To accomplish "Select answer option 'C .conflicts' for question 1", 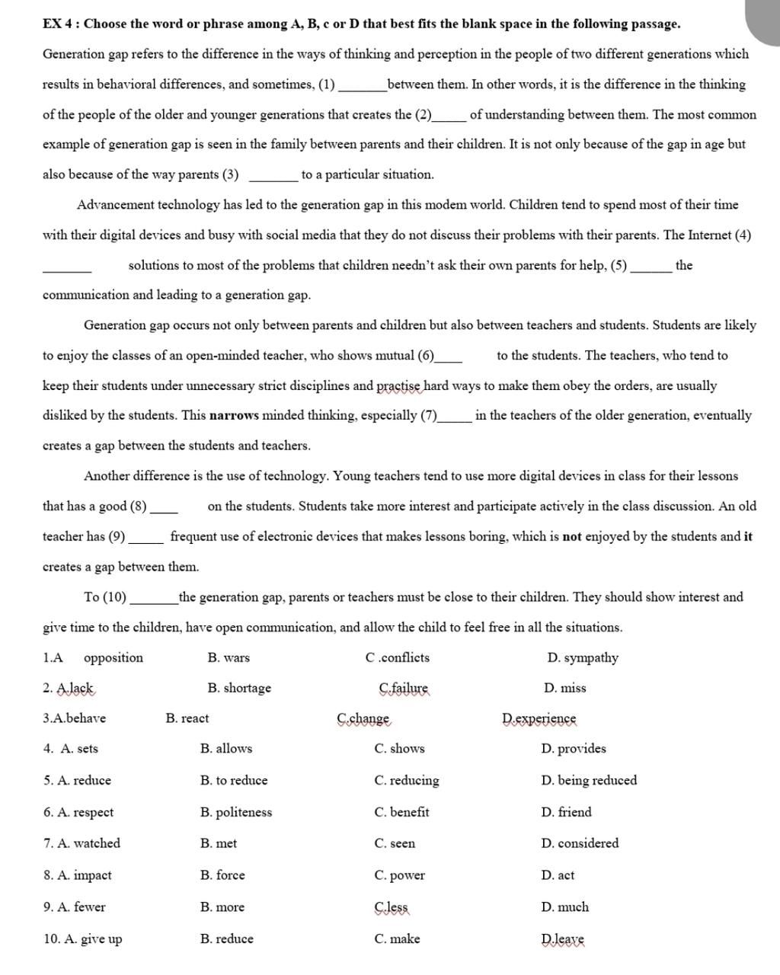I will click(397, 657).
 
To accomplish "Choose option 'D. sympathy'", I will click(582, 657).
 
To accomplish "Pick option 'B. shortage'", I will click(238, 688).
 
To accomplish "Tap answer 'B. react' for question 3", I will click(187, 718).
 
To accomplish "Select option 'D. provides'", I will click(573, 749).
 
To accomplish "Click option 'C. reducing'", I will click(406, 780).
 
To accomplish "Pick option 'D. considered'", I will click(579, 843).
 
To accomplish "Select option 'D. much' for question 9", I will click(564, 907).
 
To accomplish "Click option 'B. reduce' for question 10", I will click(226, 938).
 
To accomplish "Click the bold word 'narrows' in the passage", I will click(235, 416).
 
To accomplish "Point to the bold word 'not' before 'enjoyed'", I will click(571, 536).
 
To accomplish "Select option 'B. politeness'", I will click(235, 812).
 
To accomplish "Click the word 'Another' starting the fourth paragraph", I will click(108, 476).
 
